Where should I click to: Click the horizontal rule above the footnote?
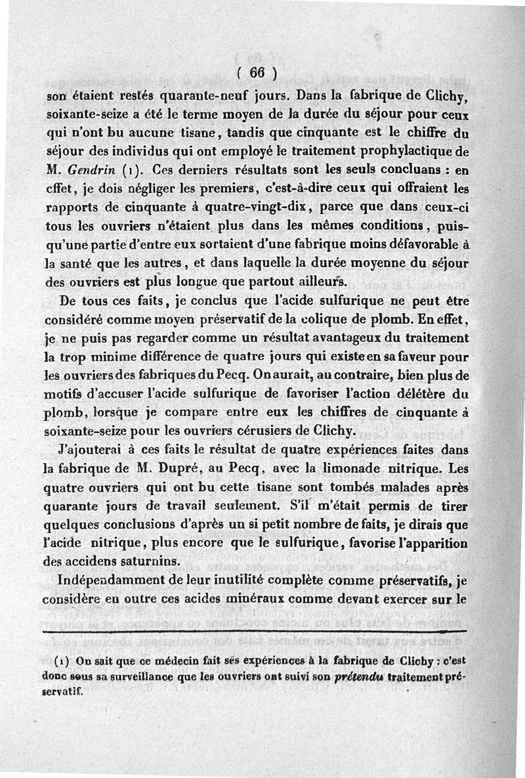(x=262, y=632)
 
